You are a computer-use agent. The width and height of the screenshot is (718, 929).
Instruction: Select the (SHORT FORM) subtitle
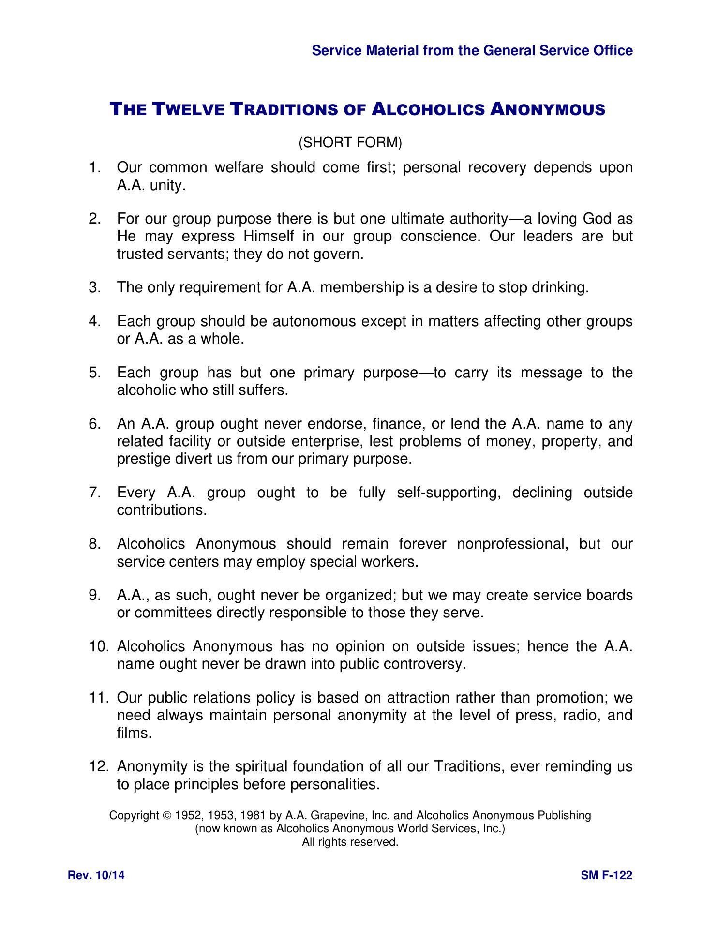coord(350,143)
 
